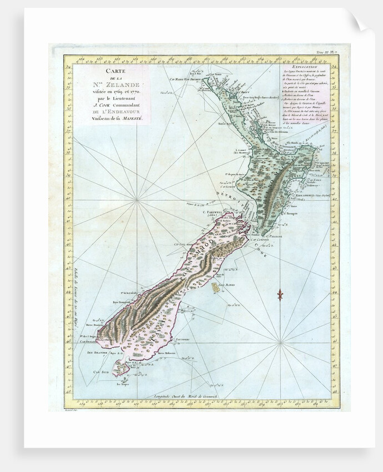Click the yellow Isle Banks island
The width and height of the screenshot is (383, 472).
(x=216, y=287)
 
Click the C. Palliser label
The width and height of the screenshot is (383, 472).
(x=274, y=236)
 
